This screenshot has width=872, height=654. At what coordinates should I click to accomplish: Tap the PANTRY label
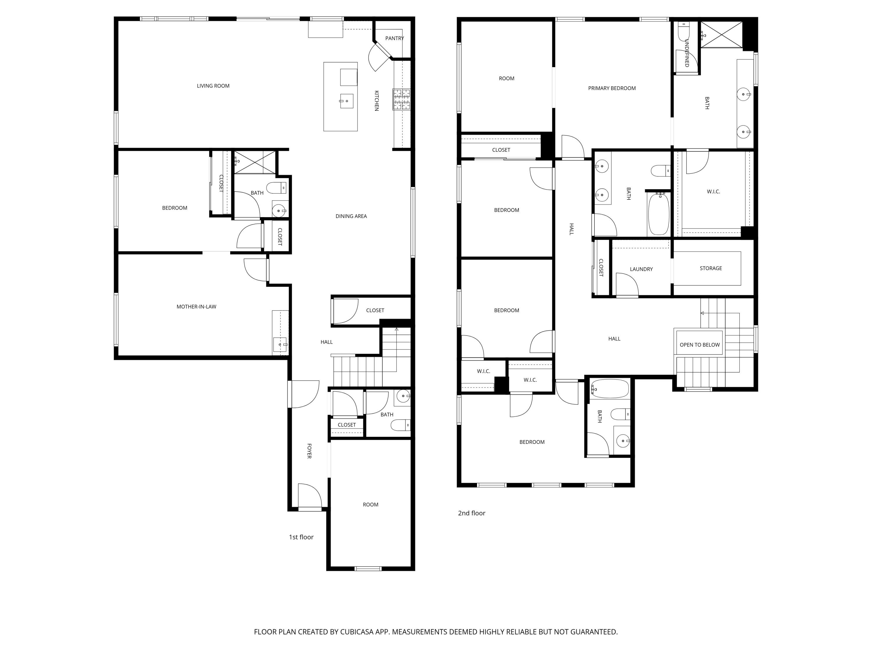point(395,38)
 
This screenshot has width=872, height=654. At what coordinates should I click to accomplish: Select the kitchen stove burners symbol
point(401,99)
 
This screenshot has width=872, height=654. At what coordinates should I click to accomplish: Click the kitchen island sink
point(346,101)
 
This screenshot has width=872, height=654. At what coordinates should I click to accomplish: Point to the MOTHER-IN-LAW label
point(196,307)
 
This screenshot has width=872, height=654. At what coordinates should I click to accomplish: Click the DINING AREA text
point(351,216)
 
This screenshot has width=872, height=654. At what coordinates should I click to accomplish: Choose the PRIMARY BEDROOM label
point(612,88)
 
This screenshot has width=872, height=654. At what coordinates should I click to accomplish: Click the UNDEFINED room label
point(687,53)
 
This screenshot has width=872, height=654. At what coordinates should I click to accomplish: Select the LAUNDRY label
point(642,269)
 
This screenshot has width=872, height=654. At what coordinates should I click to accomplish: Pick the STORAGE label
point(711,269)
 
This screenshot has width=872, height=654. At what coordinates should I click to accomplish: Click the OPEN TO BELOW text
point(700,345)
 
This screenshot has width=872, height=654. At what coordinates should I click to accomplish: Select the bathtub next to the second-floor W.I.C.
point(659,213)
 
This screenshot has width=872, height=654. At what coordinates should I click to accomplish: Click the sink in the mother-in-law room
point(280,344)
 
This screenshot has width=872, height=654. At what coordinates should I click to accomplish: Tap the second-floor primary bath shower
point(721,35)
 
